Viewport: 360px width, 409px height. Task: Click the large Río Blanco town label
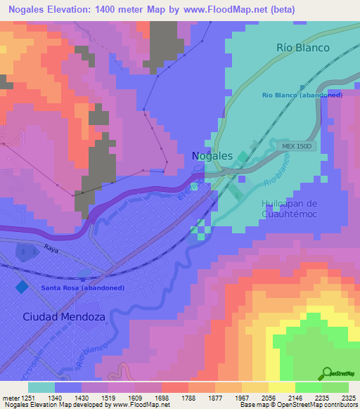pyautogui.click(x=302, y=48)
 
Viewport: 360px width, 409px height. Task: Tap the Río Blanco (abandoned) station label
pyautogui.click(x=302, y=94)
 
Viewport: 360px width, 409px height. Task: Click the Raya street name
pyautogui.click(x=50, y=249)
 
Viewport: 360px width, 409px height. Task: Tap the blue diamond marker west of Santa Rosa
pyautogui.click(x=22, y=287)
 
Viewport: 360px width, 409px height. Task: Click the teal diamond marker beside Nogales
pyautogui.click(x=243, y=156)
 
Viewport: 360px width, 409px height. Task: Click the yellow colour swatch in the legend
pyautogui.click(x=282, y=387)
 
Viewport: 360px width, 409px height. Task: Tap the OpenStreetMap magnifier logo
pyautogui.click(x=327, y=372)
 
